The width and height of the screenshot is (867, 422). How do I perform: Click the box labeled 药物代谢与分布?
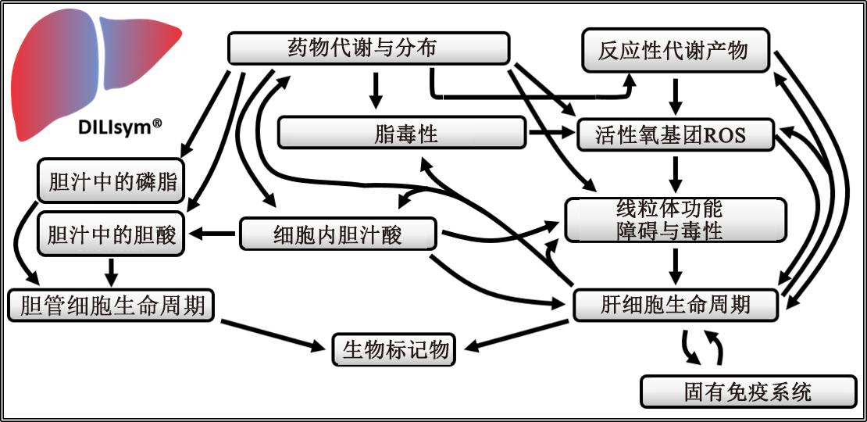coord(368,48)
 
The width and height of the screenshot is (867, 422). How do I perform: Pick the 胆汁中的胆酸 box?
coord(111,234)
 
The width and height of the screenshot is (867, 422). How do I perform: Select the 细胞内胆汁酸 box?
coord(337,234)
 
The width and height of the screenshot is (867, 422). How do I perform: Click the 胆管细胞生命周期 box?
coord(110,305)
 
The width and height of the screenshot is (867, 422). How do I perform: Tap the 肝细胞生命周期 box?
coord(676,305)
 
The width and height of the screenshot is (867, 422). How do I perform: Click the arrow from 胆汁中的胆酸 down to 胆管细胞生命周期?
coord(111,271)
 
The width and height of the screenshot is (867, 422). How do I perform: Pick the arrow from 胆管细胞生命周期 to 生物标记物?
coord(273,332)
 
